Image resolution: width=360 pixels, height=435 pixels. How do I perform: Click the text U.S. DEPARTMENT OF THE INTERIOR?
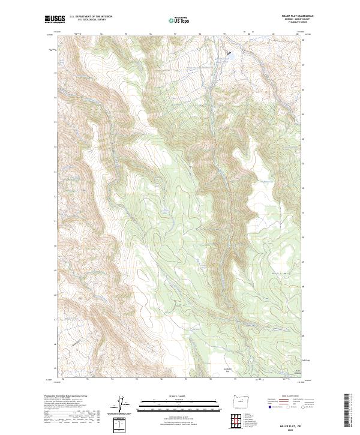click(x=91, y=17)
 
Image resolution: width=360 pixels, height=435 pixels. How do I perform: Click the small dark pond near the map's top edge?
click(x=228, y=56)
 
